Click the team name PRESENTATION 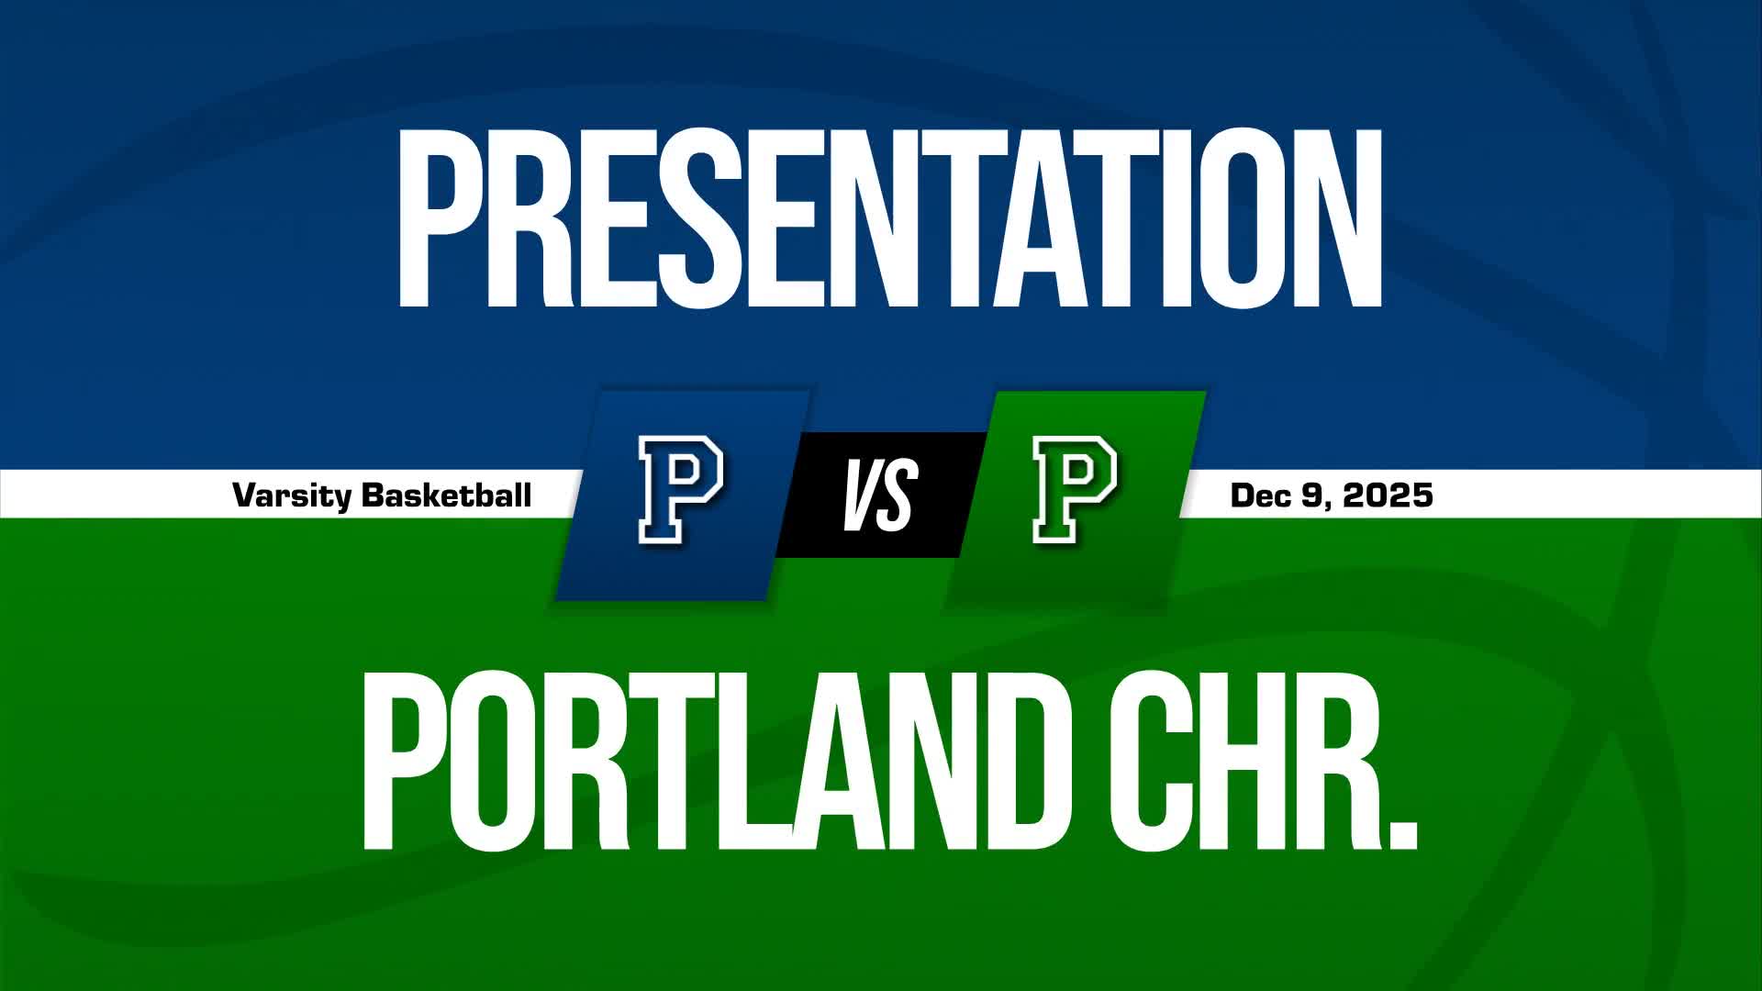(888, 218)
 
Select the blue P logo (681, 491)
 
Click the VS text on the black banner (880, 495)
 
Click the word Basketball (447, 495)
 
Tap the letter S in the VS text (898, 496)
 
